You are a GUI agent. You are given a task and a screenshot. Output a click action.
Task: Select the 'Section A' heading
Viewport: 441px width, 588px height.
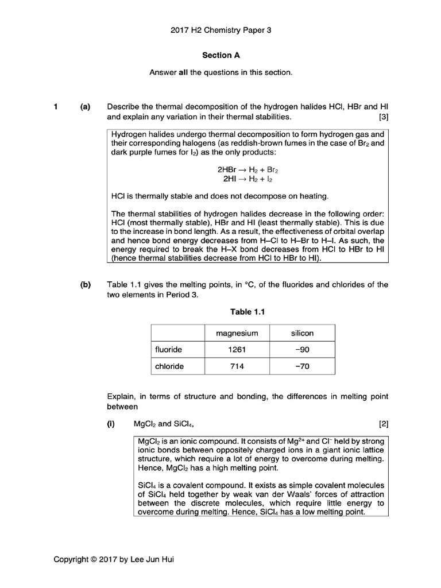pos(220,56)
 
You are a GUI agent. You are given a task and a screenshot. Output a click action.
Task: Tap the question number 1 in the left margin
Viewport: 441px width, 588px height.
pos(56,107)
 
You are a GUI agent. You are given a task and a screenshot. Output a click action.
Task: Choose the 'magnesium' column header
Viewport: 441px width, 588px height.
pos(237,334)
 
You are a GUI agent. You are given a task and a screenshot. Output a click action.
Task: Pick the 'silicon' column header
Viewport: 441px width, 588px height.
pos(302,334)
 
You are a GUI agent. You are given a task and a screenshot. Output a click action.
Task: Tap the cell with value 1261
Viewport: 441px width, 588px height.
pos(237,349)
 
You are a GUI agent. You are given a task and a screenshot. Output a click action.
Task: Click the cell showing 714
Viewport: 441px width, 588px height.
pos(237,366)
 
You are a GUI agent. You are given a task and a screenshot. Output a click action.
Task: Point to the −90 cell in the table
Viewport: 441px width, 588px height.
pos(302,349)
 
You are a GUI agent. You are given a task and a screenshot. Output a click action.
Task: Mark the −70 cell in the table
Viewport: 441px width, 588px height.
pos(302,366)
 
